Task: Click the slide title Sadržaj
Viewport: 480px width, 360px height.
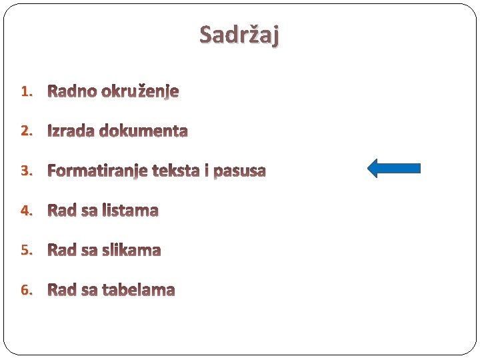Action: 239,34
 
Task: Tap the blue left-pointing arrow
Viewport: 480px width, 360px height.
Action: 394,168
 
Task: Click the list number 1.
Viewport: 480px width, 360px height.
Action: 25,91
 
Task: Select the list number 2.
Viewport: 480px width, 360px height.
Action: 25,131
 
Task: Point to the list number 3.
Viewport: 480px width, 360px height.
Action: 25,171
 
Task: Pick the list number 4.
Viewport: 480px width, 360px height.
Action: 25,211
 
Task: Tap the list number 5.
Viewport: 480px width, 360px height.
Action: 25,250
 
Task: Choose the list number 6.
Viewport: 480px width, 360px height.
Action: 25,290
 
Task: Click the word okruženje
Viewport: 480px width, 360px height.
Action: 140,91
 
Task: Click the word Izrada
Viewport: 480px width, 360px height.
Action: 71,131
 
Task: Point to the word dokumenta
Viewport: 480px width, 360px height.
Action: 143,131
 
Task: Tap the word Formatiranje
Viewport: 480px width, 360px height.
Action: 97,171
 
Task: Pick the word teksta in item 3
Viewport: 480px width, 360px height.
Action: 177,171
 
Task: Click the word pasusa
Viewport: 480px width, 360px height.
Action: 239,171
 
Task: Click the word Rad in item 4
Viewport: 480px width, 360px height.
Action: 62,211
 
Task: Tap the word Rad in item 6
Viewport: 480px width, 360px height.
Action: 62,291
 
